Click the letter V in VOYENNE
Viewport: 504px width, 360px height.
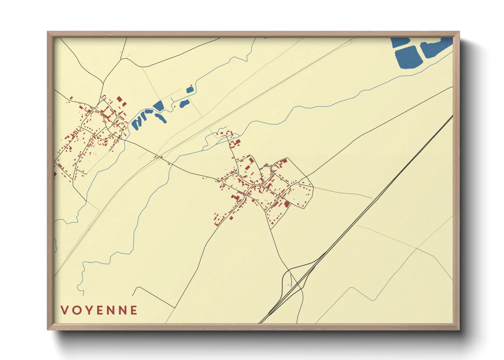[x=64, y=310]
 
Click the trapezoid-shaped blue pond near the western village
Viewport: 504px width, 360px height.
[x=158, y=106]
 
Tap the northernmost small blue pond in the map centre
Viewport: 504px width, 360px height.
[x=190, y=90]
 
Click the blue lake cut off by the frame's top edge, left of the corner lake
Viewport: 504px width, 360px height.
[x=400, y=42]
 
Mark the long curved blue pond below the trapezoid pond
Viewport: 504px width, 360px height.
[x=161, y=118]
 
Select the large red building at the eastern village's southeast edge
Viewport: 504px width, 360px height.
[x=287, y=204]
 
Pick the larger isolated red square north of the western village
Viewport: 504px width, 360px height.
[x=120, y=99]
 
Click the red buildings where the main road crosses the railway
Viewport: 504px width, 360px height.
[x=157, y=157]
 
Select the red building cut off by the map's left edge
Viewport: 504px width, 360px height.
[x=55, y=175]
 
